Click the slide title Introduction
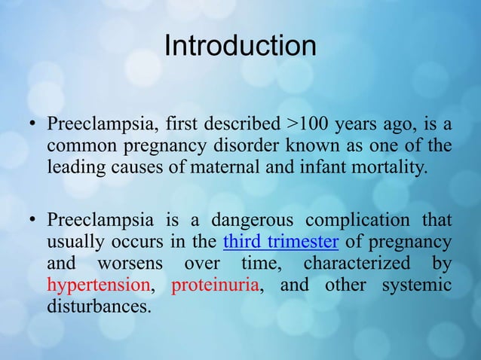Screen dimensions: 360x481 (x=240, y=45)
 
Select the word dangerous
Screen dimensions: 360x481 (x=253, y=221)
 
